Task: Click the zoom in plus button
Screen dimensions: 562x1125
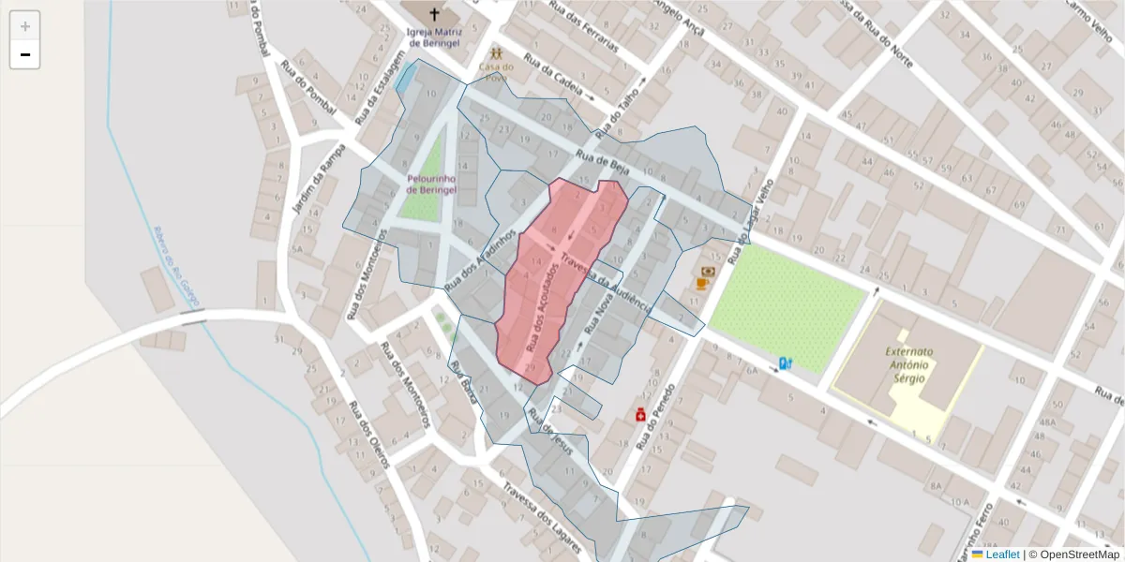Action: point(24,25)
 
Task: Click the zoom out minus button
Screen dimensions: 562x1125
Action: point(24,54)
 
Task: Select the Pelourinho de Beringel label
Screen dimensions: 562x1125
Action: point(431,184)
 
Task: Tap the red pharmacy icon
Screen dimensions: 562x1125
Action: point(640,414)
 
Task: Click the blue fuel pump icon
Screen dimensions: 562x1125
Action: point(786,362)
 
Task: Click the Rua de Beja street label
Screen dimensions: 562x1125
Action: point(602,166)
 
